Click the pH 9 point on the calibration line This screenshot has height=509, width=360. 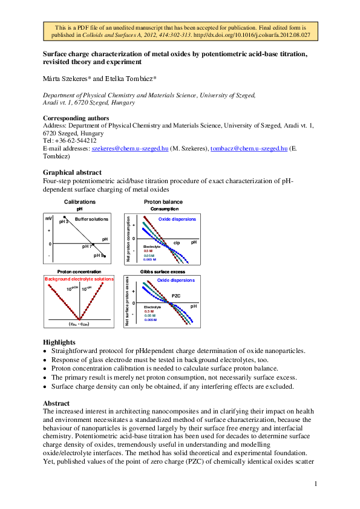[105, 257]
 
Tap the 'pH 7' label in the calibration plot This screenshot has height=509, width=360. [87, 247]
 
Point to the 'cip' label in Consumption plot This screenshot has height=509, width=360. [177, 242]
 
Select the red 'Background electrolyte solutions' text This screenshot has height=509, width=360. [79, 279]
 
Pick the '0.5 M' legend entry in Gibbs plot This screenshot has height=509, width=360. [149, 311]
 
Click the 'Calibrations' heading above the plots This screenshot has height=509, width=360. [79, 202]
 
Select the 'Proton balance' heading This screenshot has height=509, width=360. [163, 202]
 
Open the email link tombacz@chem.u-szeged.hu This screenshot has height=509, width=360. [248, 148]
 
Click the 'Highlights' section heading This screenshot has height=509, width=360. [59, 342]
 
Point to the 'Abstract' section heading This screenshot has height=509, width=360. [56, 403]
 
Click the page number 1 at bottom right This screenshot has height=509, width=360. [315, 484]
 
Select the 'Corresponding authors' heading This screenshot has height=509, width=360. [76, 118]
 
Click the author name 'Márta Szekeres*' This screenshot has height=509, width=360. [64, 79]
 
